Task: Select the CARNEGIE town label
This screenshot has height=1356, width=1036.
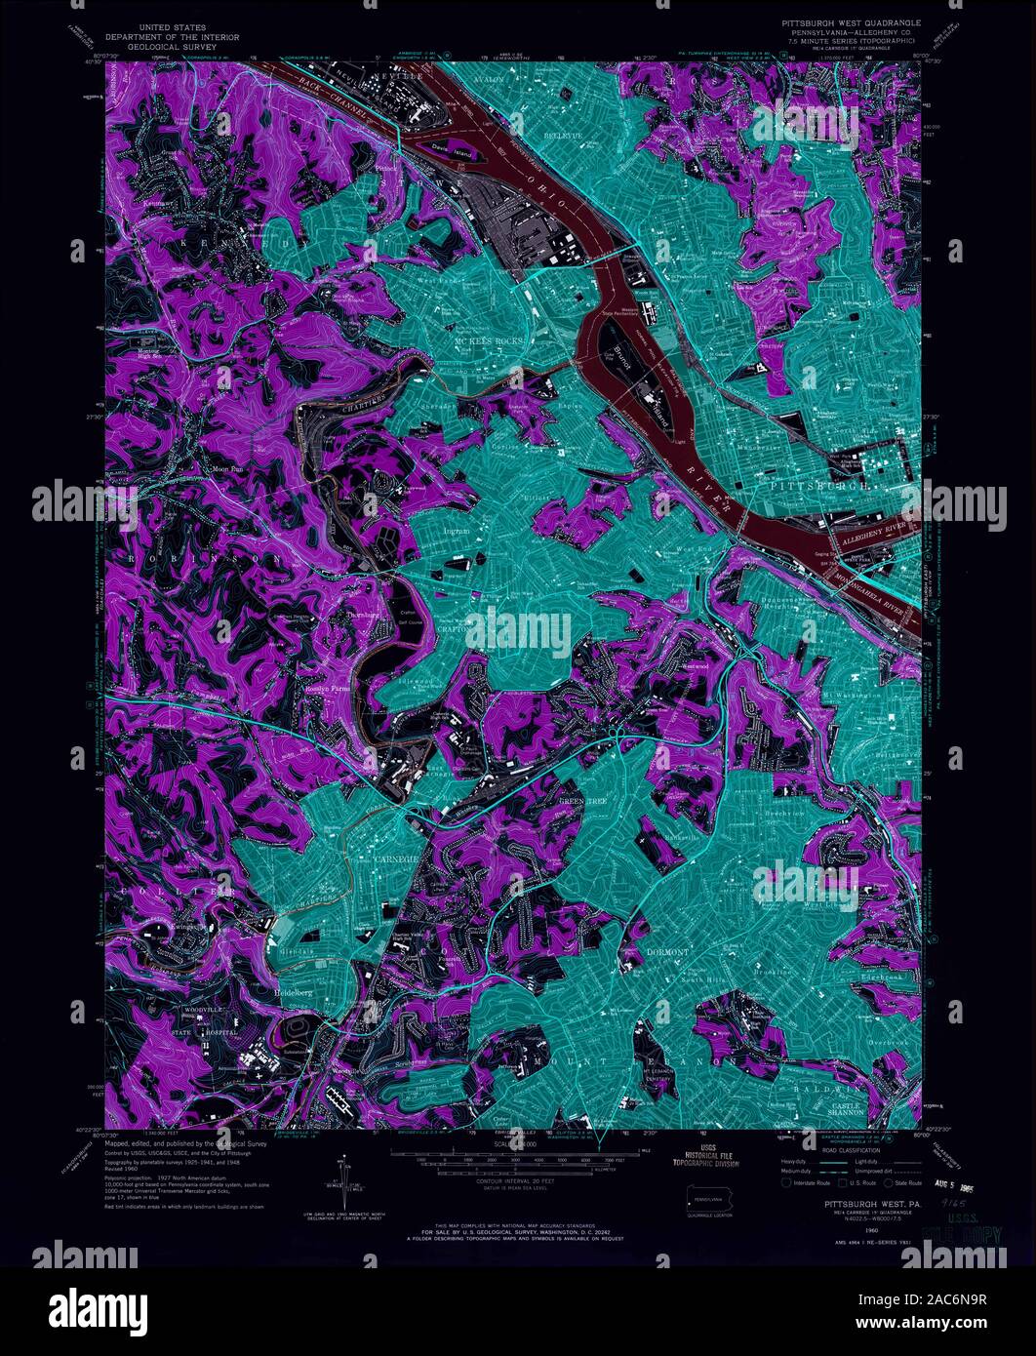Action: (x=396, y=858)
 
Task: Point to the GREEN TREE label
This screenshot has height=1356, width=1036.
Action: (x=582, y=801)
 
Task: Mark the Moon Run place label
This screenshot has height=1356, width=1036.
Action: (x=214, y=469)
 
